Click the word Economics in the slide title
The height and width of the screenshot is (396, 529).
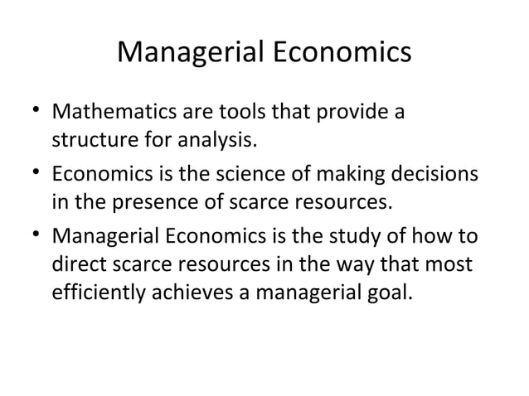(x=341, y=52)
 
